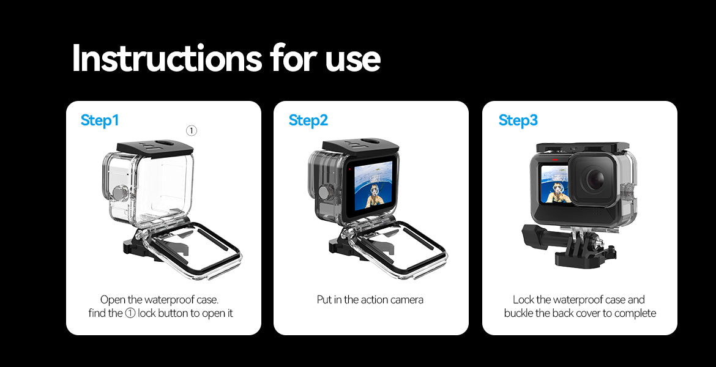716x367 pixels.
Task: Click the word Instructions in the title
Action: [x=166, y=58]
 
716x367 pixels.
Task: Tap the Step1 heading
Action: [x=100, y=120]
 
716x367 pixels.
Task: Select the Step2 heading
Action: [x=308, y=120]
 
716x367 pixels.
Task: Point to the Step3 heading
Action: [x=518, y=120]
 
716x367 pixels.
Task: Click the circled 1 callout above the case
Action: [x=192, y=131]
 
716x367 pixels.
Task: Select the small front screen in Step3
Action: [x=555, y=184]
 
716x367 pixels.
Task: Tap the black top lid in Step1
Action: [x=155, y=147]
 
